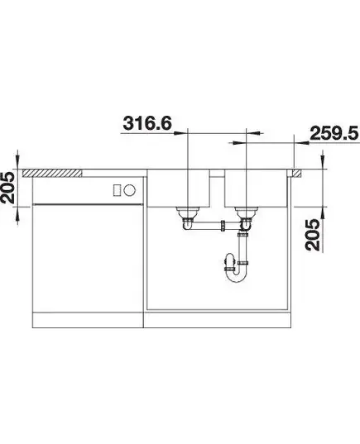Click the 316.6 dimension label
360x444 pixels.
click(147, 123)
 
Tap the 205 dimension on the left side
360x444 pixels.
click(7, 188)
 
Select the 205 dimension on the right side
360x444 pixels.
click(313, 235)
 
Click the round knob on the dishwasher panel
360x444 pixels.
click(130, 189)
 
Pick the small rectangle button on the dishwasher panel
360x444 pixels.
click(117, 189)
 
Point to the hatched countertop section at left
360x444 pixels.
click(52, 173)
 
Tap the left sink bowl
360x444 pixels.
click(179, 189)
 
